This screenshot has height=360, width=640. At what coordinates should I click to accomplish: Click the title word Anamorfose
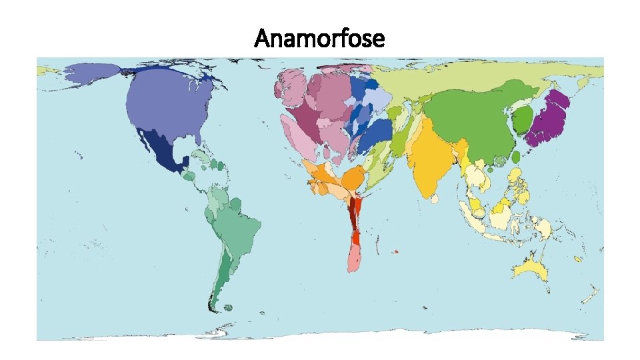(319, 39)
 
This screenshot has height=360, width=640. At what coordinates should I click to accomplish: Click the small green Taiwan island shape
(515, 157)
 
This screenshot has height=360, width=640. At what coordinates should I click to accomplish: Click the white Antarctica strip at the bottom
(320, 335)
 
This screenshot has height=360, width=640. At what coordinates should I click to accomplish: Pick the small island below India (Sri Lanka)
(435, 198)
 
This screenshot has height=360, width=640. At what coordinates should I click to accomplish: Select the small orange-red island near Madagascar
(395, 252)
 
